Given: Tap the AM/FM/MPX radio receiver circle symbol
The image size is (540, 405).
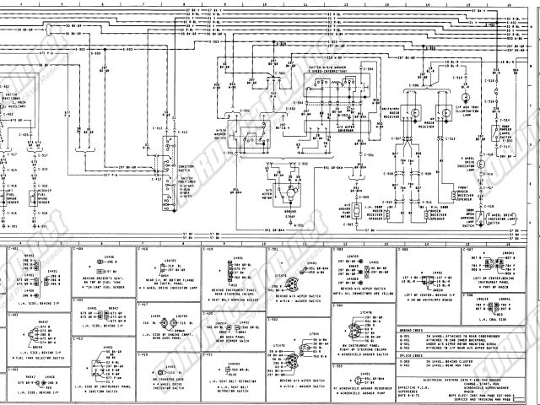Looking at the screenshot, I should click(x=414, y=111).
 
